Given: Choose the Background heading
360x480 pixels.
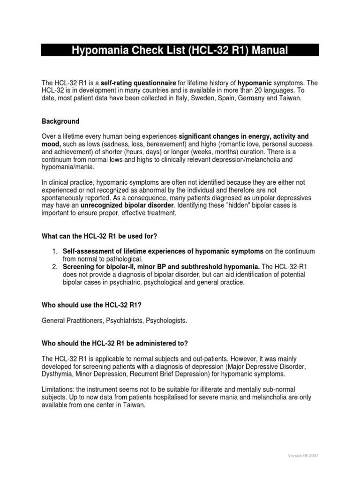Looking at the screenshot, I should [x=61, y=121].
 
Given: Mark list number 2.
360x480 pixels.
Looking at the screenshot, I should [x=55, y=267].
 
